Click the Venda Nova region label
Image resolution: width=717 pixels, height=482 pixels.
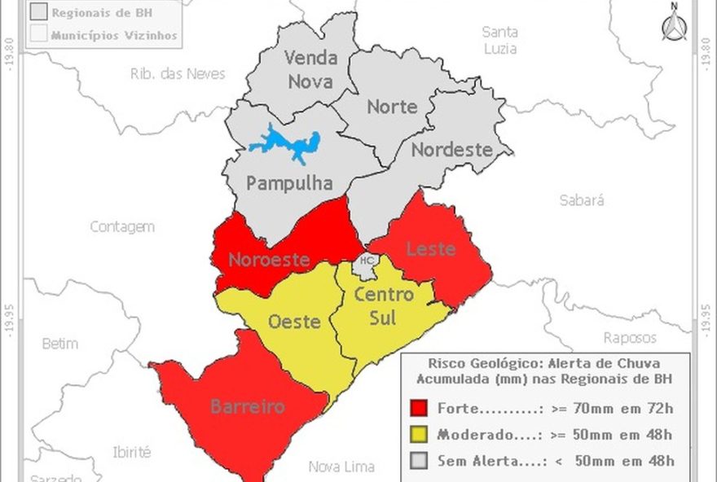click(309, 70)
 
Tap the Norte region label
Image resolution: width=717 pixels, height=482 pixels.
click(392, 107)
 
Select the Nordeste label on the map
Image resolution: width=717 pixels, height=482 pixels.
click(451, 150)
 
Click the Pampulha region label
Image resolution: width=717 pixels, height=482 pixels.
click(289, 183)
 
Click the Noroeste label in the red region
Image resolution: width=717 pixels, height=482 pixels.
click(269, 260)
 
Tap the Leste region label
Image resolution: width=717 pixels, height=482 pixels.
click(430, 248)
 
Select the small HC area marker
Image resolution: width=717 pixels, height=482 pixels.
click(367, 261)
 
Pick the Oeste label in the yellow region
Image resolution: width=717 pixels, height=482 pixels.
click(294, 322)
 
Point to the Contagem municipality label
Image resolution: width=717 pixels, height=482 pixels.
click(122, 227)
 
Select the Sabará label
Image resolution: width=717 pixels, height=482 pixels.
click(582, 200)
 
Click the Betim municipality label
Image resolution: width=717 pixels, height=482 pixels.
click(60, 344)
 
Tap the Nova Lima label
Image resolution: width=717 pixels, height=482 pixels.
click(341, 467)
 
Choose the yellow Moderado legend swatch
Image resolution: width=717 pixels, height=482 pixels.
click(419, 435)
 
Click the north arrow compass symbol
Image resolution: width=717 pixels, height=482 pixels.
click(673, 23)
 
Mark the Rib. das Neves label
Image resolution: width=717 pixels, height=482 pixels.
click(177, 74)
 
